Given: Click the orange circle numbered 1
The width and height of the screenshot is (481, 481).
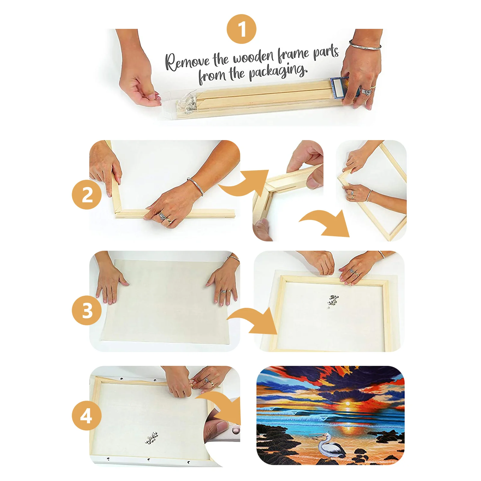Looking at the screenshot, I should [241, 29].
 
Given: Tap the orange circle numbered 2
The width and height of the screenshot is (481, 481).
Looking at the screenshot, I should [87, 195].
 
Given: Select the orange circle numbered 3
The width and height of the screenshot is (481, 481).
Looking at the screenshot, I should [87, 310].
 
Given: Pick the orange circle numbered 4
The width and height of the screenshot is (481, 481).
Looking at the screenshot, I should [87, 416].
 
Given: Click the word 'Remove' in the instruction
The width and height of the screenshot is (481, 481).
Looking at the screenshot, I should [187, 62].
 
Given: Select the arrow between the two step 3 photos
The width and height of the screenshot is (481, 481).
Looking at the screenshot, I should [253, 322].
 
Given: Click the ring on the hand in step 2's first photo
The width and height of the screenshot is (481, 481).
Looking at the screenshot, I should [163, 216].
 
